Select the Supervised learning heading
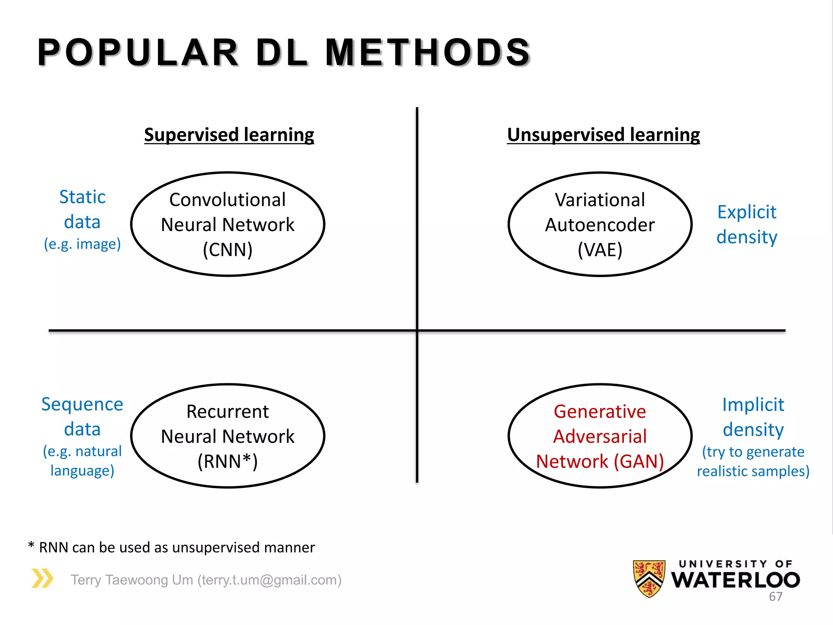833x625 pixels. coord(229,135)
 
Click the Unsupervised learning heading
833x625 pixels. coord(603,135)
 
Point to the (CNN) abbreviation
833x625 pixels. coord(228,249)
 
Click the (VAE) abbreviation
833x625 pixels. coord(600,249)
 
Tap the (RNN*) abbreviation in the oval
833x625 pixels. coord(228,461)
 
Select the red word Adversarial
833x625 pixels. coord(600,437)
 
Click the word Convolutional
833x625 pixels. coord(228,200)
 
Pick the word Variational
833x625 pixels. coord(600,200)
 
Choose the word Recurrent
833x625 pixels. coord(228,412)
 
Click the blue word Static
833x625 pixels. coord(83,197)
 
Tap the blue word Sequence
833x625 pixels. coord(82,404)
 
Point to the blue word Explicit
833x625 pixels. coord(747,212)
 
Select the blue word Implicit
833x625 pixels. coord(753,405)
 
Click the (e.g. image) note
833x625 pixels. coord(83,244)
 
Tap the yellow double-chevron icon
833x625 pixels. coord(43,578)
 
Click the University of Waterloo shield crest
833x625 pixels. coord(649,578)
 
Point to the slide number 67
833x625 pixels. coord(775,597)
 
